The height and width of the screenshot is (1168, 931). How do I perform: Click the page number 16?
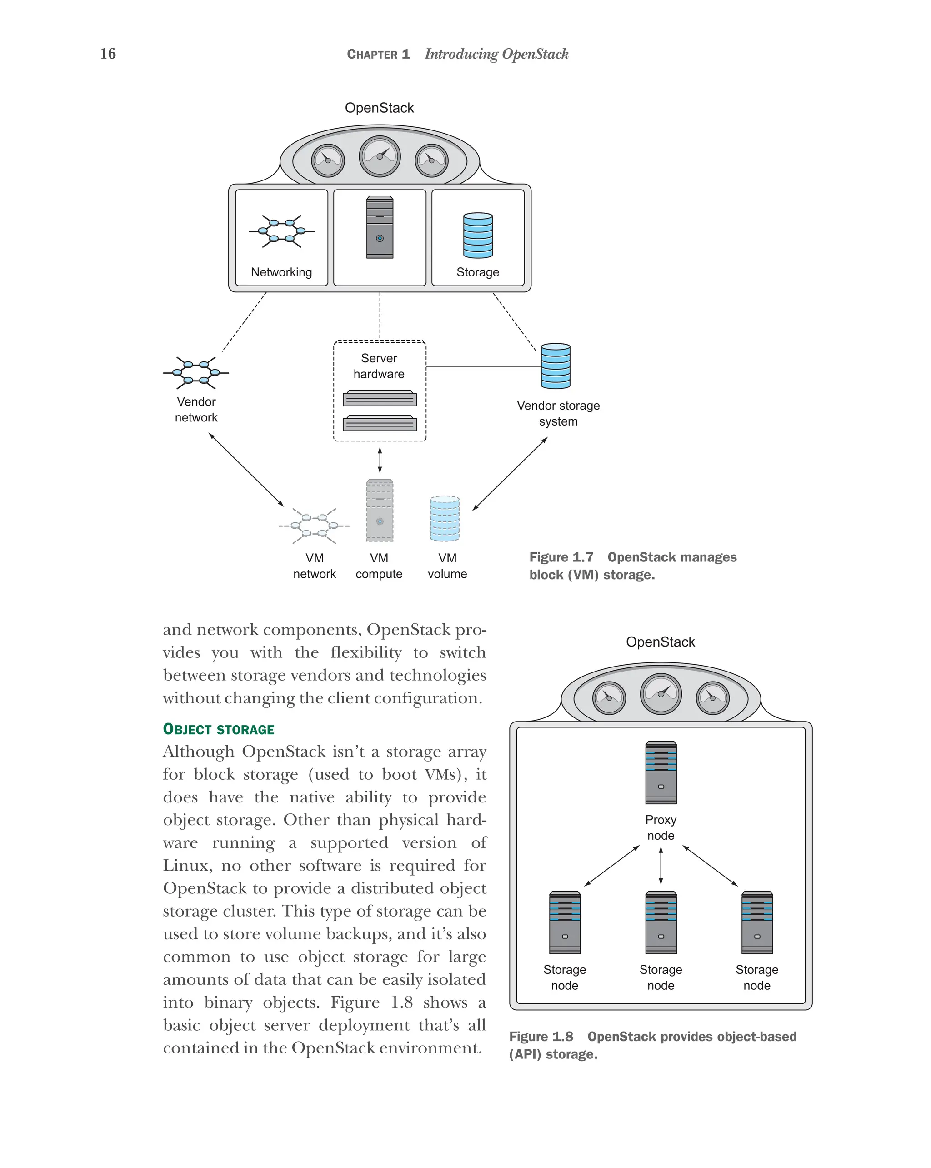point(108,54)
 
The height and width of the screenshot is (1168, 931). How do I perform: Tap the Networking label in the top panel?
point(281,272)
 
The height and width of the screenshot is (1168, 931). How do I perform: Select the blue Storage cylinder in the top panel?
point(478,235)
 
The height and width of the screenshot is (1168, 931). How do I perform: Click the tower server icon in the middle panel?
point(380,227)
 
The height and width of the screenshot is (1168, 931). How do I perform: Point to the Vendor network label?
point(196,410)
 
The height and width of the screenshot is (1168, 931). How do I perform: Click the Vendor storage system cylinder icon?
point(555,366)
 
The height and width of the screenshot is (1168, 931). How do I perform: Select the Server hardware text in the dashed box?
point(379,366)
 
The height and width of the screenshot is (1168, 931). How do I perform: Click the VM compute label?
point(379,566)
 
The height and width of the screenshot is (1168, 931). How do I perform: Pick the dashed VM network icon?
point(314,526)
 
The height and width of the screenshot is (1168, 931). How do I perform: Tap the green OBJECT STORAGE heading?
point(219,729)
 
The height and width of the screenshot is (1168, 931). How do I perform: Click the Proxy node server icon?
point(661,772)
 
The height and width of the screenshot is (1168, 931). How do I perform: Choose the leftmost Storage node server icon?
point(565,922)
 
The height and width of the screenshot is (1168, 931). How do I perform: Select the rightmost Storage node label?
point(756,978)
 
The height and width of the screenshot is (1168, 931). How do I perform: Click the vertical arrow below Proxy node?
point(661,866)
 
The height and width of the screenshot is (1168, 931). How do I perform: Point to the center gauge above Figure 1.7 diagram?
point(380,156)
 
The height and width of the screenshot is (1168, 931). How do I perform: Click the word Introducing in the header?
point(461,54)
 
